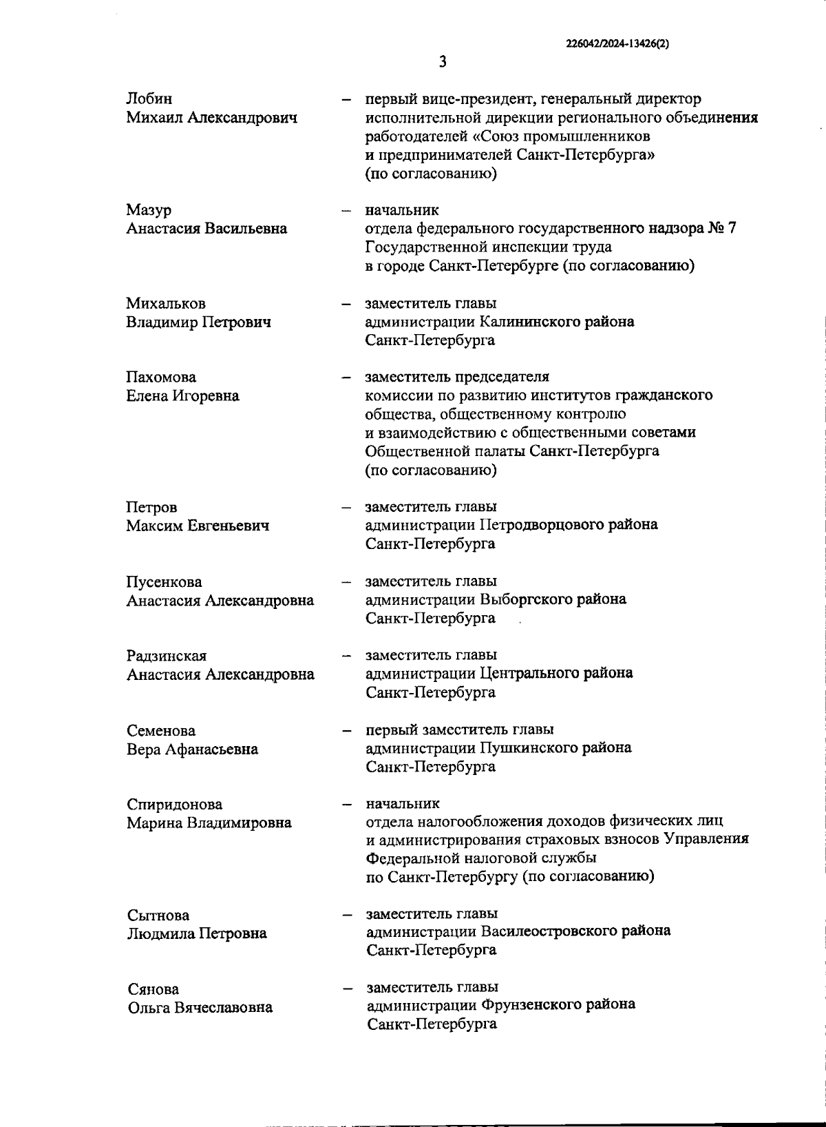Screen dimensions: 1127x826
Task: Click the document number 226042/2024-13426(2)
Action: pos(617,43)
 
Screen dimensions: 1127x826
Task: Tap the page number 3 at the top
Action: pos(443,62)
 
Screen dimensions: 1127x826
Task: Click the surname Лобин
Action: pos(149,99)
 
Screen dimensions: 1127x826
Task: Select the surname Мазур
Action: pos(149,210)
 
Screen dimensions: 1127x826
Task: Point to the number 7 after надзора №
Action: pos(731,228)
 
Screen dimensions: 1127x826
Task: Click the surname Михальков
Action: pos(165,304)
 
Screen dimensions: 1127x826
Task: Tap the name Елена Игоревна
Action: pos(182,396)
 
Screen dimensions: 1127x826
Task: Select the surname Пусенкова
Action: pos(164,582)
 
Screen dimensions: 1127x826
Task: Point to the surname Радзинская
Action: pos(166,656)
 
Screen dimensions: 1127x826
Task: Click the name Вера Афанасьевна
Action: pos(192,749)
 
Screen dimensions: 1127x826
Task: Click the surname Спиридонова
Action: pos(174,805)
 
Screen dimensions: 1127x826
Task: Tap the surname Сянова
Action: pos(153,989)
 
